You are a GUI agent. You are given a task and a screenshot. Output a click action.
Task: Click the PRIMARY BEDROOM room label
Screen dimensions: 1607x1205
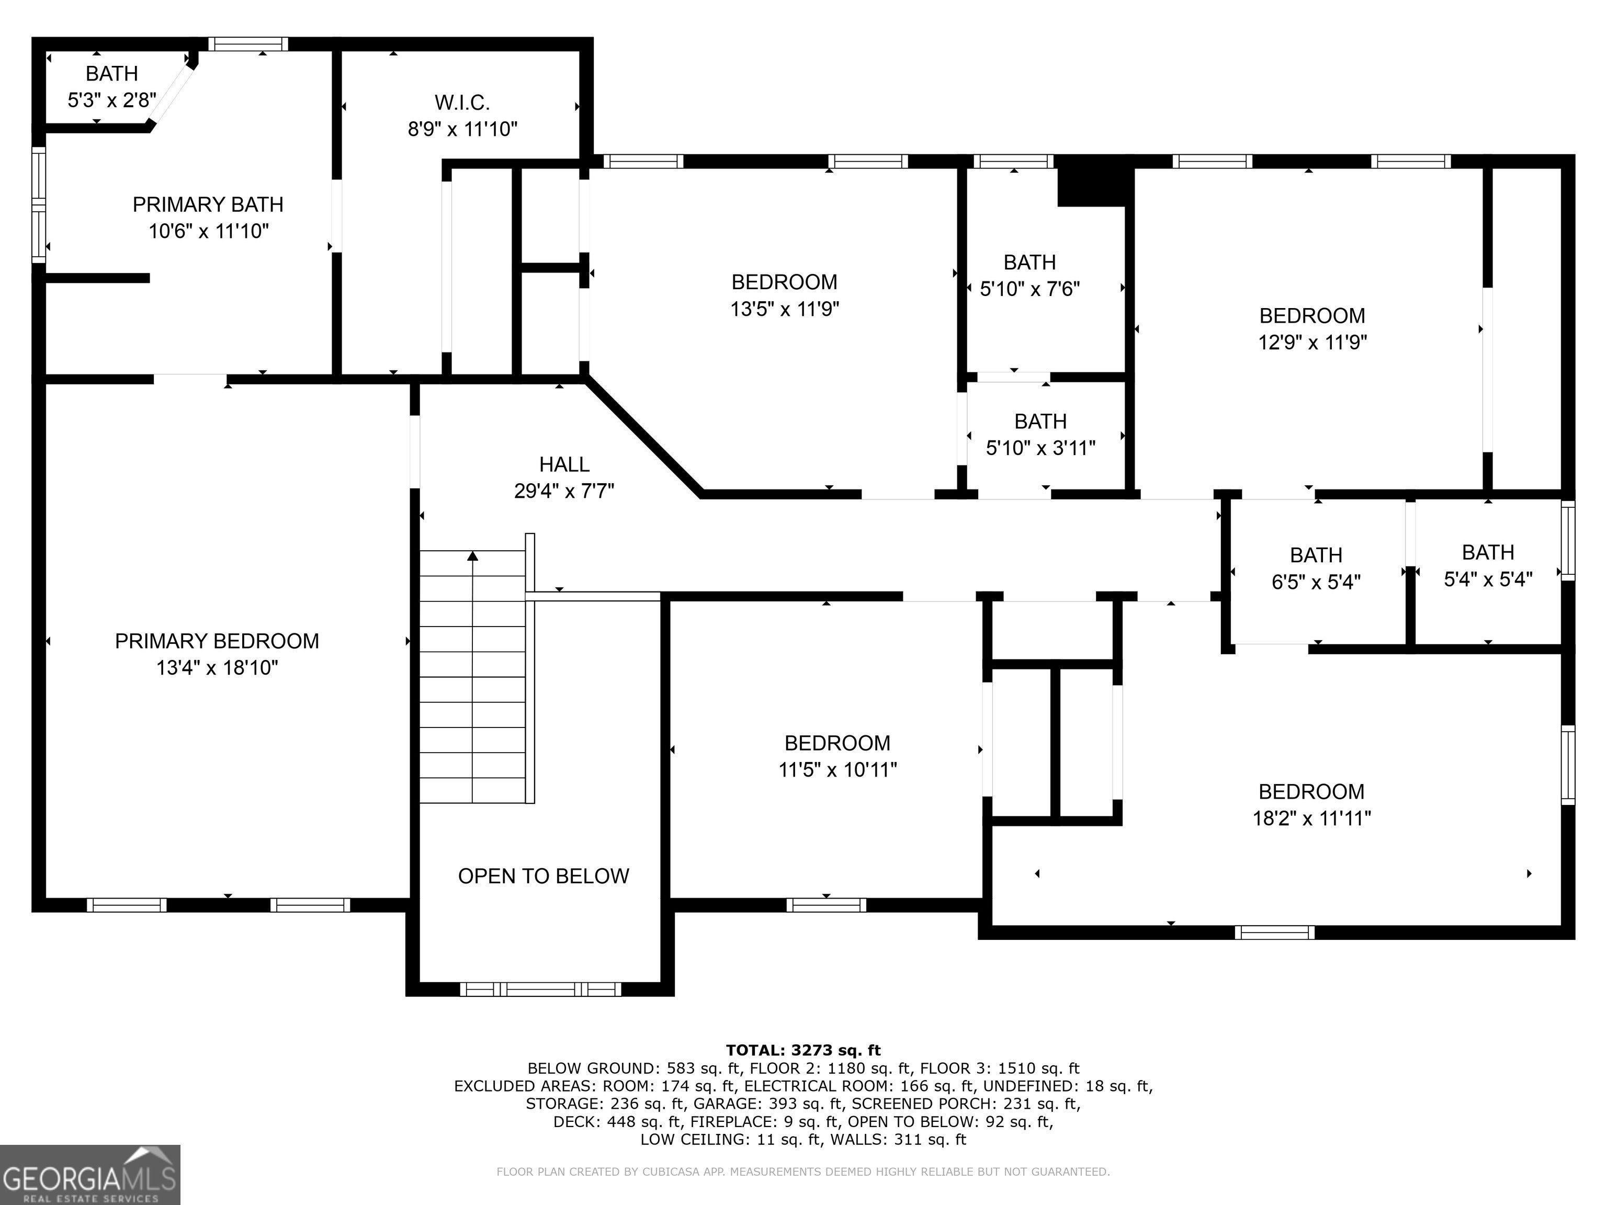(217, 641)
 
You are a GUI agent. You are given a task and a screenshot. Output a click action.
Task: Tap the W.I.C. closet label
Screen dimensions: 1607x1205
(462, 103)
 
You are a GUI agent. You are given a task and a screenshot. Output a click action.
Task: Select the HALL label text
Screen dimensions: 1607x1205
(564, 464)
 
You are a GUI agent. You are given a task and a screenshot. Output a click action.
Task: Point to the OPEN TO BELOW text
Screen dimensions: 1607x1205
(544, 876)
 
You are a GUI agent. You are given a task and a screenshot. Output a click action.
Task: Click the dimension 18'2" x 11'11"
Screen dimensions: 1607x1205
(1311, 819)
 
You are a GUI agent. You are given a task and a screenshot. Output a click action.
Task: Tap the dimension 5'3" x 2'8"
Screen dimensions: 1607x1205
(112, 100)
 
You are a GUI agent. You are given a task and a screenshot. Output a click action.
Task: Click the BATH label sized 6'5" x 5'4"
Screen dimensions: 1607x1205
(1316, 555)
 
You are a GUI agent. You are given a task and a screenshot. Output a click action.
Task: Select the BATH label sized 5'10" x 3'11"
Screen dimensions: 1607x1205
(1040, 421)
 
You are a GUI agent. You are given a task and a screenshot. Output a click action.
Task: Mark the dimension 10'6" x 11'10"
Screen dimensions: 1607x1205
(209, 231)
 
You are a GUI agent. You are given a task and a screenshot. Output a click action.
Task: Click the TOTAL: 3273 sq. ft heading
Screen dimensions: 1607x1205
(803, 1050)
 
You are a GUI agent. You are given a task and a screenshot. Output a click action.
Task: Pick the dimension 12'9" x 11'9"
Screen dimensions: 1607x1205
(1312, 342)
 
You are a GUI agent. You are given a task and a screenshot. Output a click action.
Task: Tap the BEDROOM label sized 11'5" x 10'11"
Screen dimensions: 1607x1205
(837, 743)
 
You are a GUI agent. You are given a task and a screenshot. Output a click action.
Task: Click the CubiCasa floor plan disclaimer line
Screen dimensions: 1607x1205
(803, 1172)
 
